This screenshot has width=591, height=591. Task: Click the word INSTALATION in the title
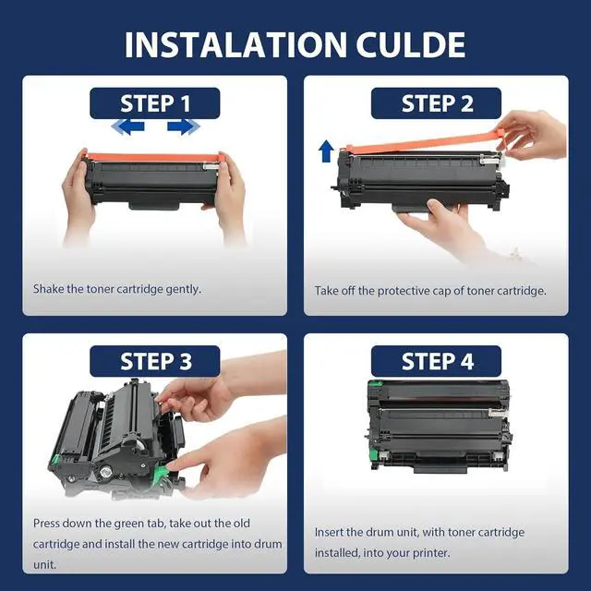coord(235,45)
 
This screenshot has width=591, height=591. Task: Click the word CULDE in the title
coord(411,45)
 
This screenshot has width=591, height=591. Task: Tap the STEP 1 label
coord(155,103)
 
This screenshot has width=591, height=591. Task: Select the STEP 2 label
coord(437,103)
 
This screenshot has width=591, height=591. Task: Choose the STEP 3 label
coord(155,361)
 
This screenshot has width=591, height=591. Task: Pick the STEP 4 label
coord(437,361)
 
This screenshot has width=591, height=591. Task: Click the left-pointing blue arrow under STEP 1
coord(127,127)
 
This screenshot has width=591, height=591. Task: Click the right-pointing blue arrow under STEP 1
coord(184,127)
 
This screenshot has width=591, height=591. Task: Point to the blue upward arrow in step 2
coord(326,151)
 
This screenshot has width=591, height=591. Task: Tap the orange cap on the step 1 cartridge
coord(152,157)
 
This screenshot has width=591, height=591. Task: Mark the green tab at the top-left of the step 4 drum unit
coord(375,384)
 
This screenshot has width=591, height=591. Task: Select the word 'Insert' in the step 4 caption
coord(329,532)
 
